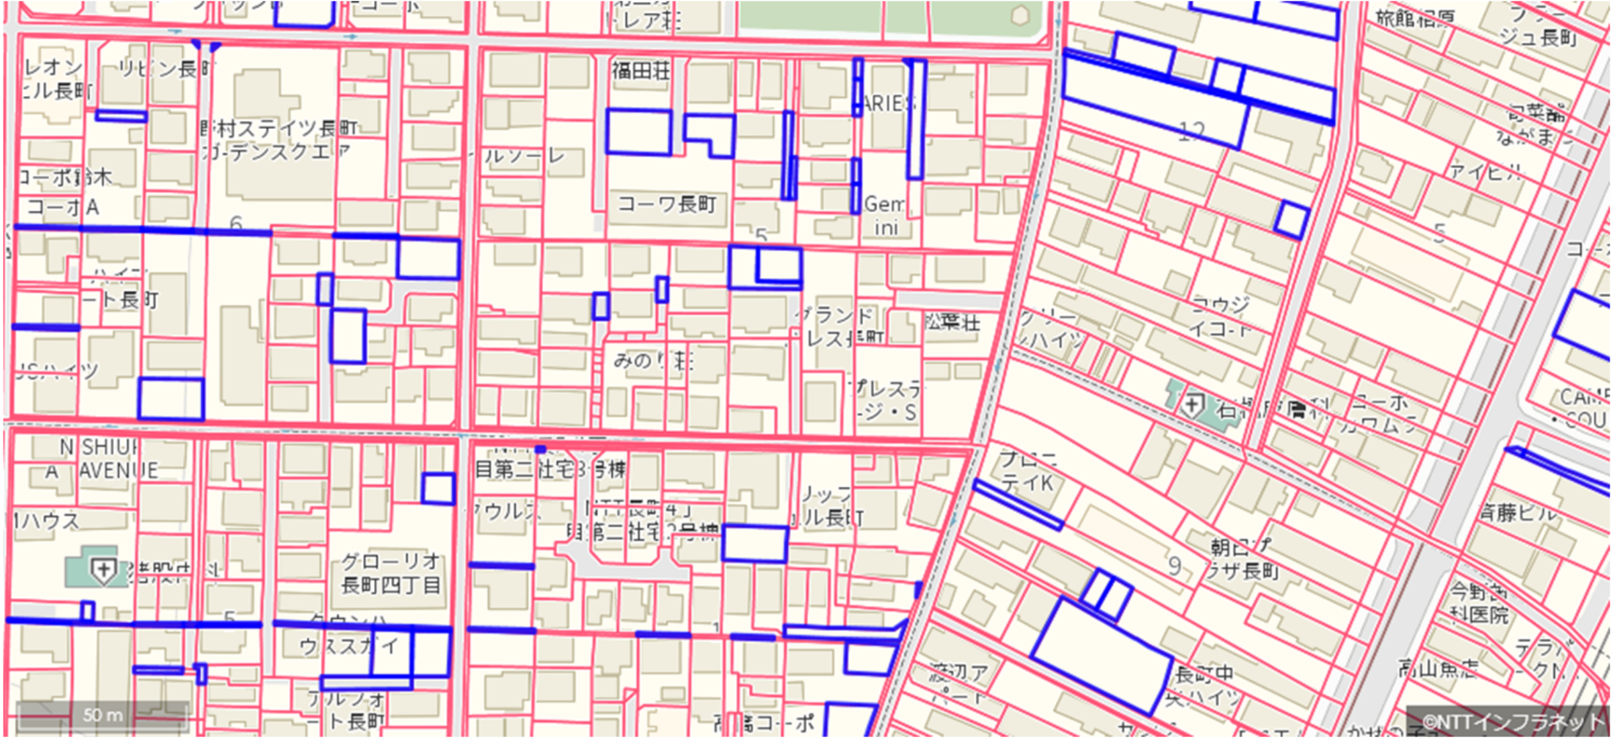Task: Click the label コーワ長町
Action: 667,204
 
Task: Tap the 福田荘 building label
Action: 640,70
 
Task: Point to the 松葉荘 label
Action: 952,322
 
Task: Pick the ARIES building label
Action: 888,103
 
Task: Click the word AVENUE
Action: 119,470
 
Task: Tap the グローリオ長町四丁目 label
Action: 391,573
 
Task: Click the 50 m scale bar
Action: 102,715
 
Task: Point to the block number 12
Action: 1191,131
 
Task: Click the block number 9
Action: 1174,566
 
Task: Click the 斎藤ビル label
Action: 1518,513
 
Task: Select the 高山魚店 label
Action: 1438,668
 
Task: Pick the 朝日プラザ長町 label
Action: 1242,559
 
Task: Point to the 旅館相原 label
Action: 1414,19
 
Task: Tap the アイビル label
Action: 1485,173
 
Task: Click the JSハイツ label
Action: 57,371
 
